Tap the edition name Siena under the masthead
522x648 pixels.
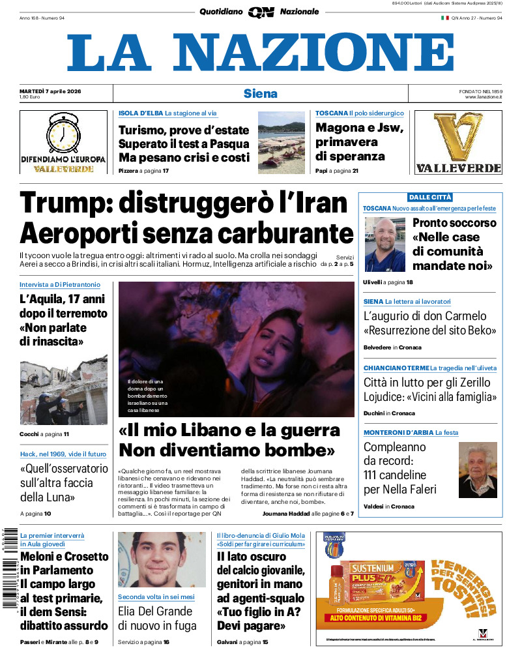260,93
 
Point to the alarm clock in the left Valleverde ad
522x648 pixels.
63,134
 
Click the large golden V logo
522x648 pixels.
458,136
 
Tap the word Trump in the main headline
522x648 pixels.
61,203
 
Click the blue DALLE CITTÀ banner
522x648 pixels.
430,197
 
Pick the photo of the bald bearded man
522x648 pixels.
385,244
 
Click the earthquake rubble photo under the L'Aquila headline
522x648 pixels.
63,390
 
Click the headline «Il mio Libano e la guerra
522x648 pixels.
229,430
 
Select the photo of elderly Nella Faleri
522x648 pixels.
478,469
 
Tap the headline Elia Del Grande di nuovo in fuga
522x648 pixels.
155,618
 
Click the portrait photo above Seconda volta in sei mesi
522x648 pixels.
155,560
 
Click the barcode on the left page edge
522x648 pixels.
8,567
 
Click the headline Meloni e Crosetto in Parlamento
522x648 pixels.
64,563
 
